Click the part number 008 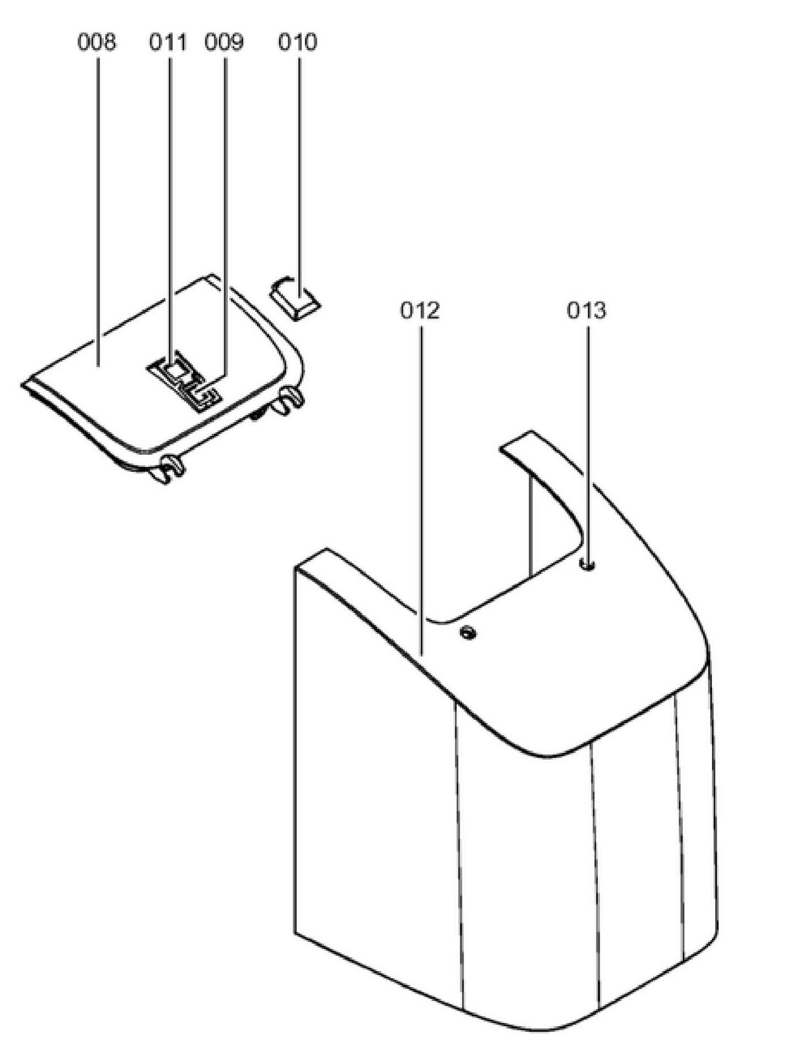[x=96, y=42]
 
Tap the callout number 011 [x=168, y=42]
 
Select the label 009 [x=224, y=42]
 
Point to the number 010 [x=298, y=42]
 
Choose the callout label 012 [x=420, y=310]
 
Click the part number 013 [x=586, y=310]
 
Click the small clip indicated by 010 [x=294, y=297]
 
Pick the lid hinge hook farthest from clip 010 [x=170, y=467]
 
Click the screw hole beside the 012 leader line [x=467, y=632]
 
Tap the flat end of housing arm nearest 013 [x=517, y=441]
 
